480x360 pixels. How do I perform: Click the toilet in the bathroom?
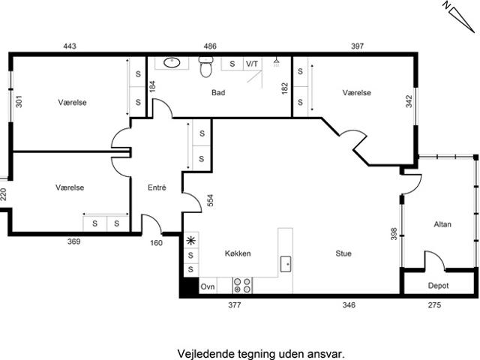click(205, 67)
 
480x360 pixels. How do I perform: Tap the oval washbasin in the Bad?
click(172, 62)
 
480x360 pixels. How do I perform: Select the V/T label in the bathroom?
click(252, 64)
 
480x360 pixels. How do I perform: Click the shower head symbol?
click(277, 62)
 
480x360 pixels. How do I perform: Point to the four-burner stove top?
click(242, 285)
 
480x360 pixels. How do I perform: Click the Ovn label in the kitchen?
click(208, 286)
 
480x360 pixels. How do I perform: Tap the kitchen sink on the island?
click(286, 264)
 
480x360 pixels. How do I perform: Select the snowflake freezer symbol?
click(191, 241)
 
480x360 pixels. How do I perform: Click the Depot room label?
click(438, 286)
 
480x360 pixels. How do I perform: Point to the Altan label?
click(442, 224)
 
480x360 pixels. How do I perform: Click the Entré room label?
click(157, 187)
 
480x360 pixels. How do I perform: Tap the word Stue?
click(343, 253)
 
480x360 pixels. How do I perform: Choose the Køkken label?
click(238, 253)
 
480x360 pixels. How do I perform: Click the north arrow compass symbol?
click(459, 17)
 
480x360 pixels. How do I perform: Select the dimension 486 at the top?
click(210, 46)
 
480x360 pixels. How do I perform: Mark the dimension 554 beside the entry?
click(210, 200)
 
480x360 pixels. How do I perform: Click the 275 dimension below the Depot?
click(435, 305)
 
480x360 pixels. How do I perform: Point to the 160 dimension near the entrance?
click(156, 243)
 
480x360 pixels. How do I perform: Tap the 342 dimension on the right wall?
click(409, 101)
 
